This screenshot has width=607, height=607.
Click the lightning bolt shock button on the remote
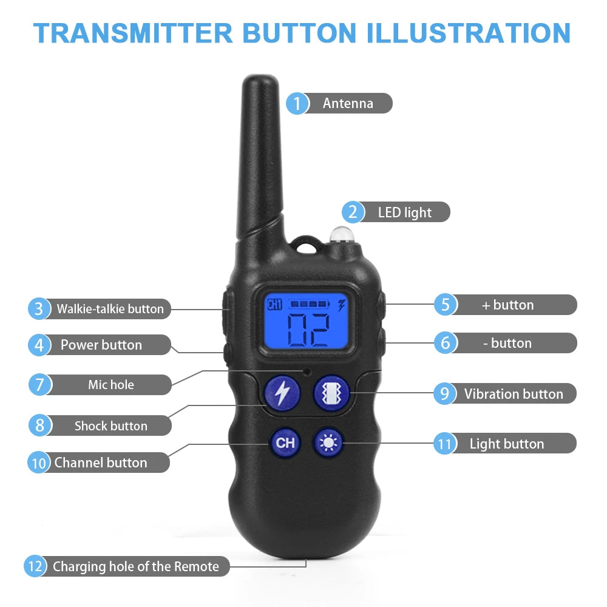(282, 393)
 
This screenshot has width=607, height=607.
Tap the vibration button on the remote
(331, 393)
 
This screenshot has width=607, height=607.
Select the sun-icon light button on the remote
(329, 443)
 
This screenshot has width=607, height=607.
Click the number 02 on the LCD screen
(308, 330)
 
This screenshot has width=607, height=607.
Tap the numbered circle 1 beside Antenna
(297, 103)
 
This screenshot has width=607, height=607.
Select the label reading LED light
(404, 212)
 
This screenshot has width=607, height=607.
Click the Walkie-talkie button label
(110, 309)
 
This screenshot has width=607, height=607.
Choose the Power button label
(101, 345)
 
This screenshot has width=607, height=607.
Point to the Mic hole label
(110, 385)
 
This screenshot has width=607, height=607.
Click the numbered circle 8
(39, 426)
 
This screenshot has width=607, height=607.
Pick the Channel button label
(100, 463)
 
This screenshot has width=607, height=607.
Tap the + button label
(507, 305)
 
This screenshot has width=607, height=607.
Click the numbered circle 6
(445, 343)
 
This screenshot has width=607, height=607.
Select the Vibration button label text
(514, 394)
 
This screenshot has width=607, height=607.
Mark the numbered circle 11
(444, 444)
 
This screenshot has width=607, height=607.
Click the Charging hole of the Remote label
(135, 567)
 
